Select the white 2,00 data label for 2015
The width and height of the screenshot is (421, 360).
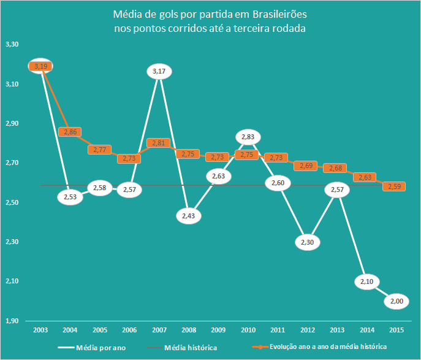(x=396, y=301)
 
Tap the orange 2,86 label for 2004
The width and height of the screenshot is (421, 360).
(x=69, y=132)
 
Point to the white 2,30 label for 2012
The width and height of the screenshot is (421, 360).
(x=308, y=242)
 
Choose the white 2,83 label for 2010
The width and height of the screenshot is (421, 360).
(x=248, y=137)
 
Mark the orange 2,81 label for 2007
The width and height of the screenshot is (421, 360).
(x=158, y=143)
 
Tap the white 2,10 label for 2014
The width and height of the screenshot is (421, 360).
(x=366, y=281)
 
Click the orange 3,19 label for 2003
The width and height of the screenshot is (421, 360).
(x=40, y=66)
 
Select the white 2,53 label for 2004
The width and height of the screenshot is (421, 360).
(x=69, y=197)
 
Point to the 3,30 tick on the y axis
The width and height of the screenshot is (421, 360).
(x=12, y=45)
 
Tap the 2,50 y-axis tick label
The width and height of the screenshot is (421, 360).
(x=12, y=202)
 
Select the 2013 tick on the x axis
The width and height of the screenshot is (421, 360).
(x=336, y=330)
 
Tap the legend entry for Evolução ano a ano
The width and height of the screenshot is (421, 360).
(x=328, y=347)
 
